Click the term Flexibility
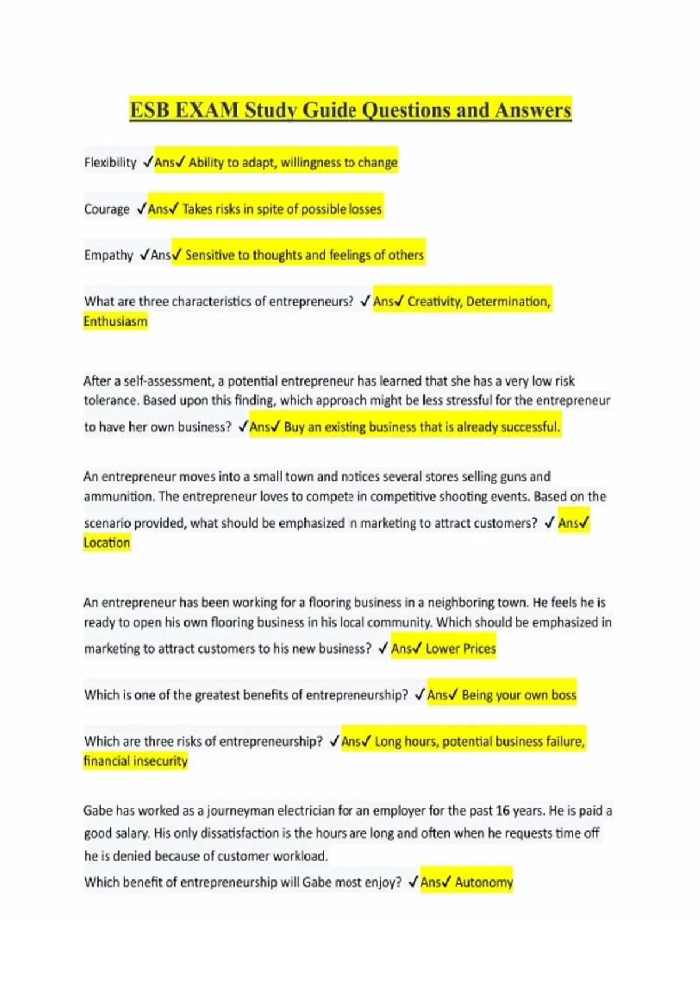[x=110, y=162]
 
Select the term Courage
[x=107, y=209]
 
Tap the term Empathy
[x=108, y=255]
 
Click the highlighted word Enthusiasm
[x=116, y=322]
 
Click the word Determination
[x=508, y=302]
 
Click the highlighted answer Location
[x=107, y=543]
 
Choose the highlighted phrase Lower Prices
[x=461, y=649]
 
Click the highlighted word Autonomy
[x=484, y=882]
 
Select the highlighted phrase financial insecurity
[x=135, y=762]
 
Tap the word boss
[x=563, y=696]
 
